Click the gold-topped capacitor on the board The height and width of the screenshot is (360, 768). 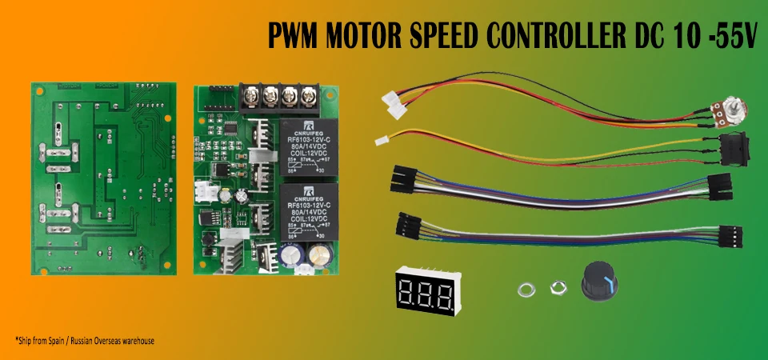pyautogui.click(x=321, y=254)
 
